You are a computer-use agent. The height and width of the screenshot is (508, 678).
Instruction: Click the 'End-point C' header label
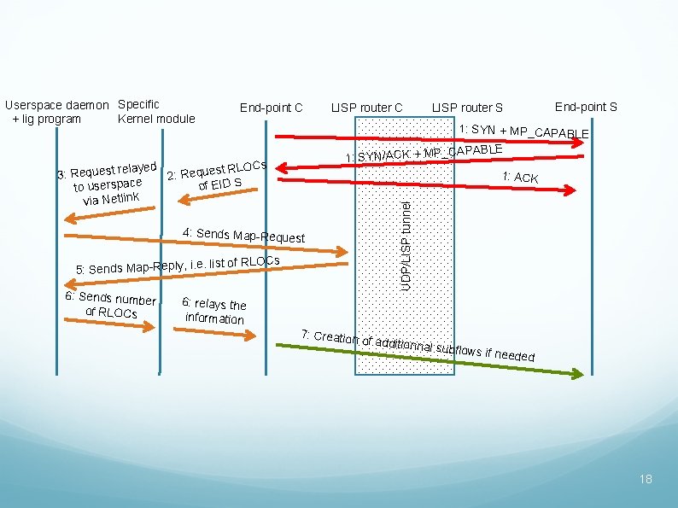point(271,108)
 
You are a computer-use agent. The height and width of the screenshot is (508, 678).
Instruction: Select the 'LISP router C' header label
point(366,108)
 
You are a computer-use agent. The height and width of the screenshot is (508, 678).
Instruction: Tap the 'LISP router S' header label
point(467,108)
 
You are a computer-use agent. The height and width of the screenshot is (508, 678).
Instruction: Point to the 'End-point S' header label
point(586,107)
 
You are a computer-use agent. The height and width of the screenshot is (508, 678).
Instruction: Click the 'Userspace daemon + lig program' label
point(57,112)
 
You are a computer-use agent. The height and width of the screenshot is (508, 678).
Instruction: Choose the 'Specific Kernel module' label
point(156,112)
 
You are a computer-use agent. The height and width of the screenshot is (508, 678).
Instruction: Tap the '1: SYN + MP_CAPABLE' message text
point(523,131)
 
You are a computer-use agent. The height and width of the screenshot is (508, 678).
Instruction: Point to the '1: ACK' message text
point(520,178)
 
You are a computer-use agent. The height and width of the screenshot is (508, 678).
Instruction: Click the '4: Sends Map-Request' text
point(244,235)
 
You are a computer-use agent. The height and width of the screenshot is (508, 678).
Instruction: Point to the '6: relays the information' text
point(215,311)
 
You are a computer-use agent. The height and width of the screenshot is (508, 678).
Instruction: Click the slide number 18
point(646,479)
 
